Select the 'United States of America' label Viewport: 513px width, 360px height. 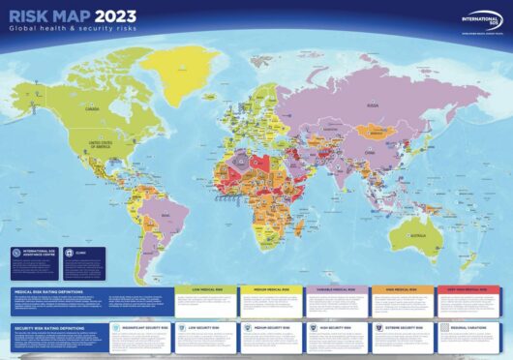99,146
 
